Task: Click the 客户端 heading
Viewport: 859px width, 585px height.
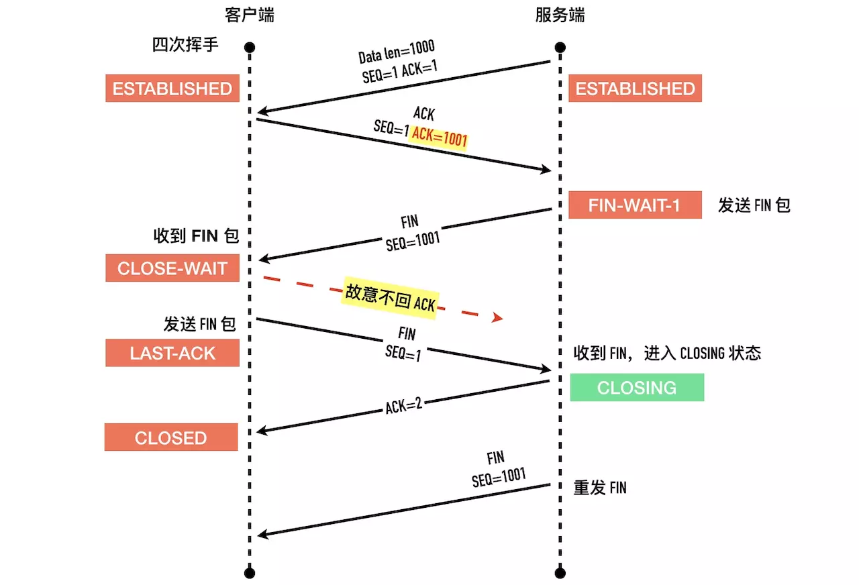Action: [250, 15]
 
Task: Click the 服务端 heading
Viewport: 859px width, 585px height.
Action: [560, 15]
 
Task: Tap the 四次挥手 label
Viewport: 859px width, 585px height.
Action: [185, 46]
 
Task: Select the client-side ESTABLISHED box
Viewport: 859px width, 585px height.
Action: [172, 89]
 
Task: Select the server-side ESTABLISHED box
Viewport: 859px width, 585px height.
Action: [635, 89]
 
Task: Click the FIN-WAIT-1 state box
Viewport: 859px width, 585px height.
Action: [634, 205]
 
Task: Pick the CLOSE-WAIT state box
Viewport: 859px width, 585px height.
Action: [172, 268]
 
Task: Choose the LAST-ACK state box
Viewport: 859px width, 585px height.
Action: [172, 353]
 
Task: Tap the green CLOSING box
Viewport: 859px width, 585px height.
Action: [637, 388]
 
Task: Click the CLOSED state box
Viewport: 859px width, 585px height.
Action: [170, 437]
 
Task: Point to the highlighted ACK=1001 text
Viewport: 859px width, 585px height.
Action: [439, 136]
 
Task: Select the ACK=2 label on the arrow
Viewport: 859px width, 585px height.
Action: [403, 405]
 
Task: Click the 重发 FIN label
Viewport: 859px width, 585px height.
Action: [599, 488]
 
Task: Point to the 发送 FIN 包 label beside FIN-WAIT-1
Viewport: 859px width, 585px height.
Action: [754, 205]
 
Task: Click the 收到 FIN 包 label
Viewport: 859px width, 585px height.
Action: [195, 235]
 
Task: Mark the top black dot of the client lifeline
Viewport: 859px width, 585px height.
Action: [250, 48]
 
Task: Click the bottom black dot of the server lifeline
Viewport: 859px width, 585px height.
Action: [560, 572]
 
